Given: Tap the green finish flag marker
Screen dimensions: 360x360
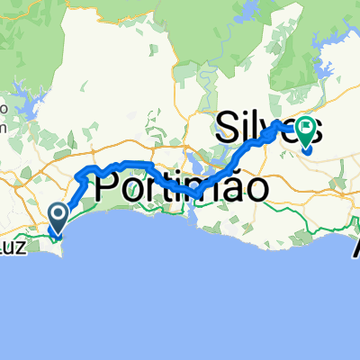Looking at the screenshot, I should point(305,132).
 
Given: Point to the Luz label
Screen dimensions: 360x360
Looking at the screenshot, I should point(26,247).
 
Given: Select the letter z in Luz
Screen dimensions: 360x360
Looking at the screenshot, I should point(37,248).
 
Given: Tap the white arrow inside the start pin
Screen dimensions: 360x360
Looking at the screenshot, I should point(58,214).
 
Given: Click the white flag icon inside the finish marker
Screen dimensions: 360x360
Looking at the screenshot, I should point(305,130).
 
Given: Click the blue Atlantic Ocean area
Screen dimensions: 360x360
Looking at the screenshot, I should point(180,297).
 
